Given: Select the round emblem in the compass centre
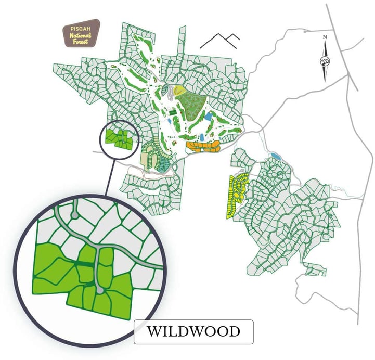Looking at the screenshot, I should coord(325,62).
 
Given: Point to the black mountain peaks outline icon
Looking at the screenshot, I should coord(219,41).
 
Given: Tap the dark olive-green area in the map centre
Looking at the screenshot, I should coord(190,104).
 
